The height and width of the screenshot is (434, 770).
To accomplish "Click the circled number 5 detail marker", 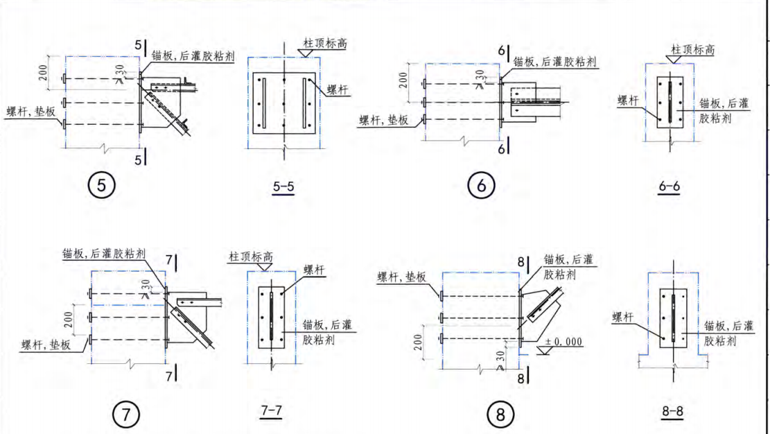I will (x=102, y=186).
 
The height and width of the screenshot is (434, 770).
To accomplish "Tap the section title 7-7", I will (x=270, y=411).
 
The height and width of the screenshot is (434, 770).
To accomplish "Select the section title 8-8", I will (x=672, y=412).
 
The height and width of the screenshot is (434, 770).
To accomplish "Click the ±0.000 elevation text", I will (x=563, y=342).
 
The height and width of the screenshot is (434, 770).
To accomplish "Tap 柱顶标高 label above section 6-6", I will (x=692, y=50).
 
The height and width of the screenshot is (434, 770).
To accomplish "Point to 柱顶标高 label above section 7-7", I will (x=251, y=257).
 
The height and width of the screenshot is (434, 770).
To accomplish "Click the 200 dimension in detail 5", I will (x=44, y=72).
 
